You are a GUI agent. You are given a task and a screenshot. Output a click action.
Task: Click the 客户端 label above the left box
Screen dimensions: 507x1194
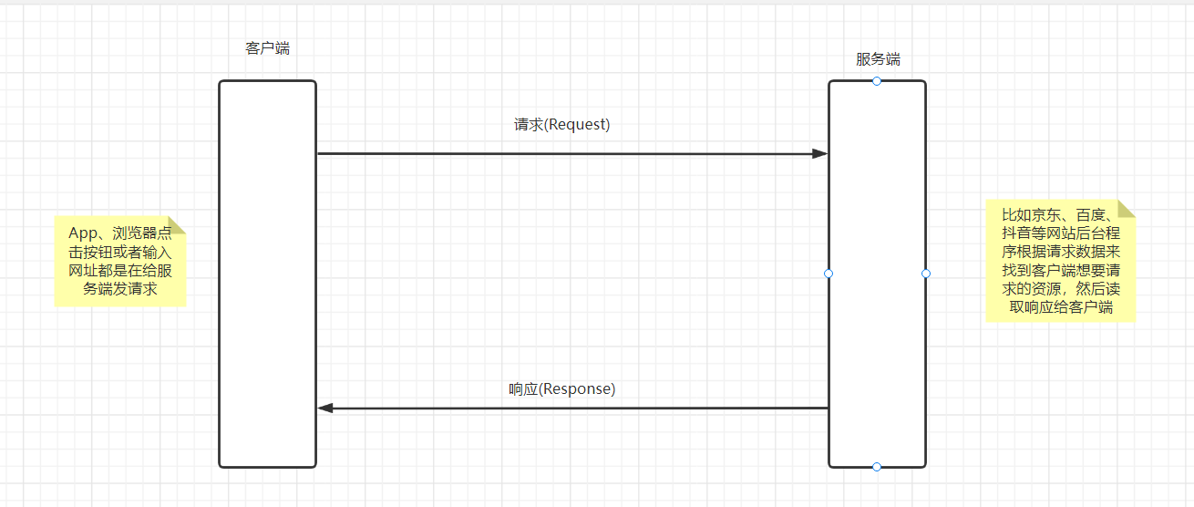coord(267,48)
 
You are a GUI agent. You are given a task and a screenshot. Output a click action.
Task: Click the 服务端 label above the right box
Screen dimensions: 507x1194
coord(878,59)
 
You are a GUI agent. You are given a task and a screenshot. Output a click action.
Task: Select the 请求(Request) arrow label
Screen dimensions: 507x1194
coord(561,125)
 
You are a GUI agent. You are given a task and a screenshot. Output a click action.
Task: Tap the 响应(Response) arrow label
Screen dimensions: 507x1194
coord(561,389)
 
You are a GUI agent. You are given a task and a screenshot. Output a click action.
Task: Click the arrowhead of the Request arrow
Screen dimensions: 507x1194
coord(820,153)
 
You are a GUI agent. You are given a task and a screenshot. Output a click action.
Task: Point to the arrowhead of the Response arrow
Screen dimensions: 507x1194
coord(325,409)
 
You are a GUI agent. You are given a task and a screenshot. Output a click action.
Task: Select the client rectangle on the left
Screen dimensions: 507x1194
coord(267,274)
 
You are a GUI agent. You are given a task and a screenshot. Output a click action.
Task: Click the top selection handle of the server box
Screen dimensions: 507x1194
coord(877,81)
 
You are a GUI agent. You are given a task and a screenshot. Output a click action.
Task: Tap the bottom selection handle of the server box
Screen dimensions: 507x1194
coord(877,467)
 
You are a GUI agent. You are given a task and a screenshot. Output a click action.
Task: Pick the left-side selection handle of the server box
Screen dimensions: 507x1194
coord(829,274)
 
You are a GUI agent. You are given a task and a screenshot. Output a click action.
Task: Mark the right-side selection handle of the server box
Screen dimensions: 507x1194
coord(926,274)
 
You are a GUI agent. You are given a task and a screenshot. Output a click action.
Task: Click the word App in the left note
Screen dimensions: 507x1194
coord(84,233)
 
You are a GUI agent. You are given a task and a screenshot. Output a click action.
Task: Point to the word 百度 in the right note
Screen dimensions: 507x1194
coord(1090,216)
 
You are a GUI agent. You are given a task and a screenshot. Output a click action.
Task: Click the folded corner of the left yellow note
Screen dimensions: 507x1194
coord(177,224)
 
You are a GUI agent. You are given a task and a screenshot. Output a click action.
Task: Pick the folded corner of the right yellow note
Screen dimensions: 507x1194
coord(1127,209)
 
